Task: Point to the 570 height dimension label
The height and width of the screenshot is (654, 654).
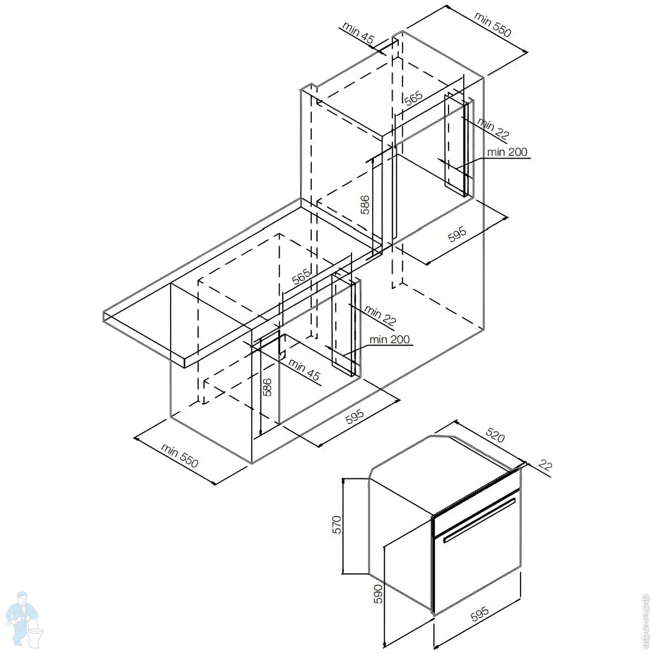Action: pyautogui.click(x=337, y=524)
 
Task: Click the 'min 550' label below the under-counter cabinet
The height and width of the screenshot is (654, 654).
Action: pyautogui.click(x=179, y=456)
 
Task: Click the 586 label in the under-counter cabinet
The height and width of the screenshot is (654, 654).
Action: pyautogui.click(x=267, y=387)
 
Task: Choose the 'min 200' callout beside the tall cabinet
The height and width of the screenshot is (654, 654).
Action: pyautogui.click(x=507, y=152)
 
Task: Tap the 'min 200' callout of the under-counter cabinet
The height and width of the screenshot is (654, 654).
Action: pyautogui.click(x=389, y=340)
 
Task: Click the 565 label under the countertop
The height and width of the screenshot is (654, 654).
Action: pyautogui.click(x=301, y=276)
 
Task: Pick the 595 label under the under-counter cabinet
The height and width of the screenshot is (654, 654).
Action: pyautogui.click(x=354, y=418)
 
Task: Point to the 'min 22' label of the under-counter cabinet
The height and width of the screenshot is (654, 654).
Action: pyautogui.click(x=380, y=316)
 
